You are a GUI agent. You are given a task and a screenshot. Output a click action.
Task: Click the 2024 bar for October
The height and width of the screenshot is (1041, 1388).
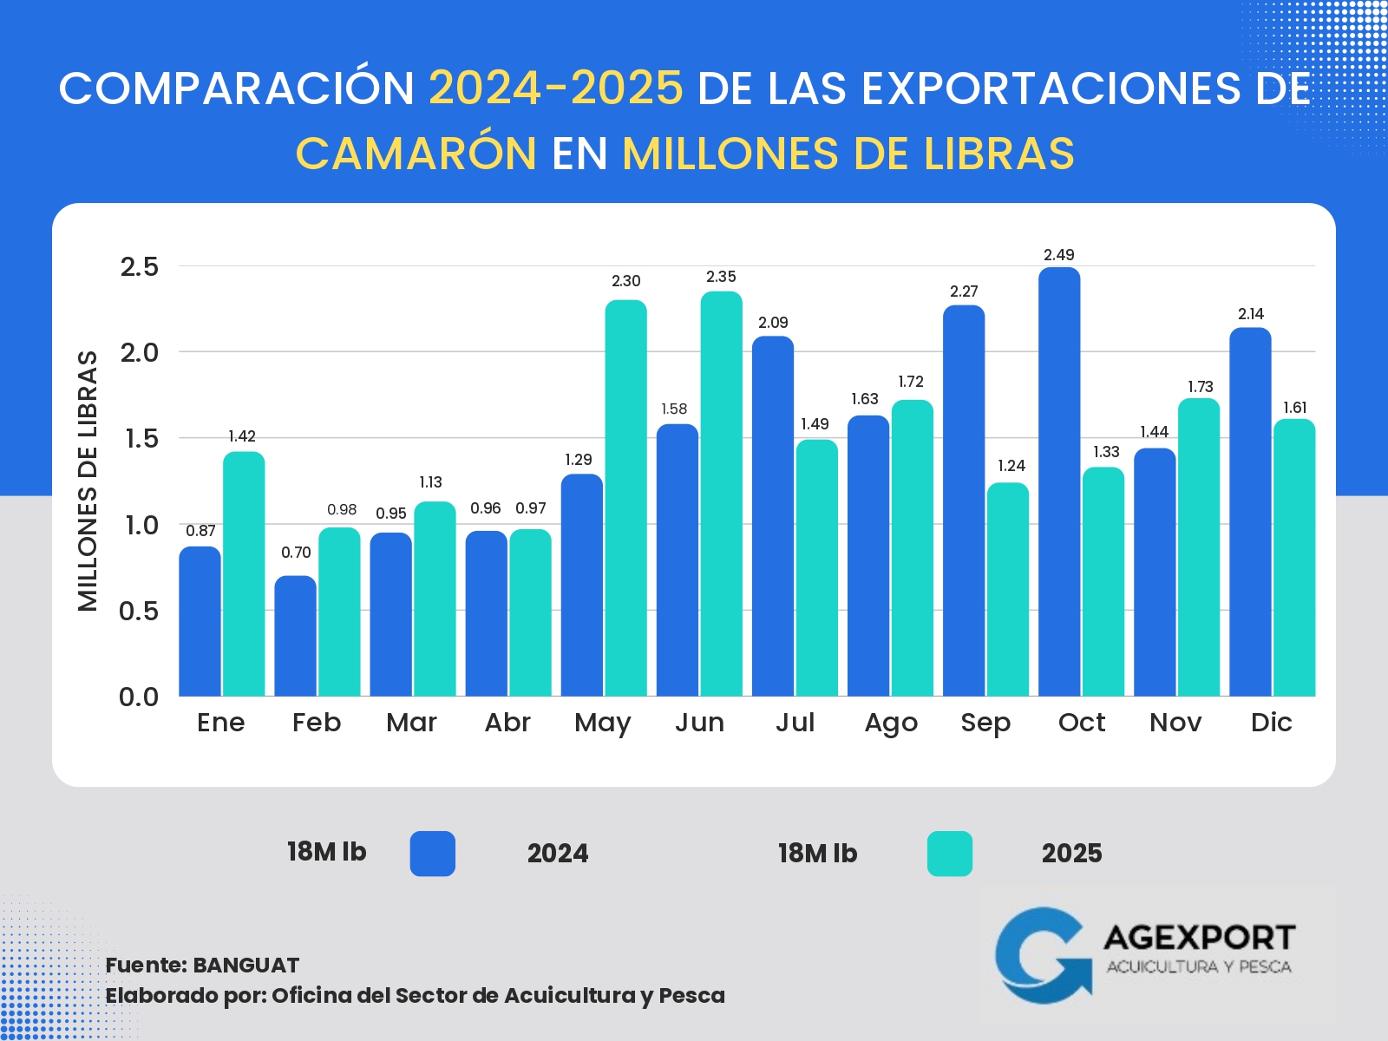(1059, 481)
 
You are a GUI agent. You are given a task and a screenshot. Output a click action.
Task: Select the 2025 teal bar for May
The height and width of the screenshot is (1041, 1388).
(625, 498)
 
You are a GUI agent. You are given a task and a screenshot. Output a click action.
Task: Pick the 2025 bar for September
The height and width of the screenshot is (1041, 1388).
(1008, 590)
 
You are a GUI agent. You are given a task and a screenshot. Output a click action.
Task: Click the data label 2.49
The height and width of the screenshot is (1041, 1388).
(1059, 255)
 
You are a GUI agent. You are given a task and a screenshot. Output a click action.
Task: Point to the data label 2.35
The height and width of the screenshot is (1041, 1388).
(721, 277)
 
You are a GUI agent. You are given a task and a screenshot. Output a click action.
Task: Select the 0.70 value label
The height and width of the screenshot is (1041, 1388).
(296, 553)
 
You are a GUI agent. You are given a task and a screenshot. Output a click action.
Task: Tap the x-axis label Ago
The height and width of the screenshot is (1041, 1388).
(891, 723)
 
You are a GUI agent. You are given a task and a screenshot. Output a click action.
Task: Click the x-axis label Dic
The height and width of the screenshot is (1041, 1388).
(1272, 723)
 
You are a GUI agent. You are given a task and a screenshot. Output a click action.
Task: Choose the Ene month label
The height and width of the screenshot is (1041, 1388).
(221, 723)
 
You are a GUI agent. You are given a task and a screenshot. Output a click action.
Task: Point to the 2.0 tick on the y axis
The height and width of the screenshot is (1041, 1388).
(140, 352)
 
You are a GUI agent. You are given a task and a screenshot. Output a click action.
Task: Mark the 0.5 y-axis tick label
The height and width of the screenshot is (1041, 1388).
(140, 611)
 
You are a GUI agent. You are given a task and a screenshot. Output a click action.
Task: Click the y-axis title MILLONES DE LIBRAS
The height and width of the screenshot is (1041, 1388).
(88, 481)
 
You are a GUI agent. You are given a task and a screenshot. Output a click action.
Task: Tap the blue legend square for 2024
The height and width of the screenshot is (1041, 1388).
(433, 854)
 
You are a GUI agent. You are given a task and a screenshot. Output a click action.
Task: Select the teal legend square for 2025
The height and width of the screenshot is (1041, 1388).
(950, 854)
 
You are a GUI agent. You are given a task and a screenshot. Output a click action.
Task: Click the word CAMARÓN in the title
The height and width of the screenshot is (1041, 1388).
(416, 154)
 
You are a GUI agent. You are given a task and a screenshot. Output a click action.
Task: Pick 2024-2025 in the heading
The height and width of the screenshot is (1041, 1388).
(556, 88)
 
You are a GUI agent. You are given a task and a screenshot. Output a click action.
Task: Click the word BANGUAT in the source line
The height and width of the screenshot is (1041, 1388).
(246, 966)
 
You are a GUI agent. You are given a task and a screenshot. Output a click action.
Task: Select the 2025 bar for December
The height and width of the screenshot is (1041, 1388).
(1294, 558)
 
